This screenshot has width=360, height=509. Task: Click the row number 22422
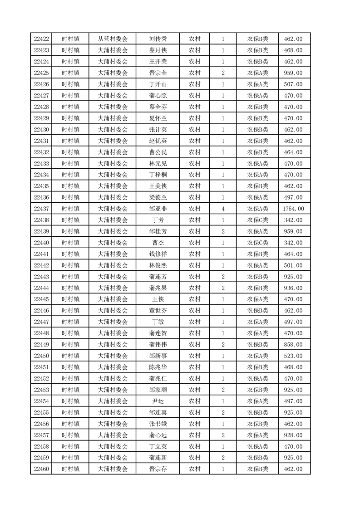point(41,39)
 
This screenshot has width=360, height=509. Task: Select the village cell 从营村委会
point(113,39)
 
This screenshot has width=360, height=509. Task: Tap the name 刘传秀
point(158,39)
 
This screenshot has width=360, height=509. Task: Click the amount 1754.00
point(293,209)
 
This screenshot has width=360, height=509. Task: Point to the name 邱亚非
point(158,209)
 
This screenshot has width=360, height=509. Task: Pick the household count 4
point(223,209)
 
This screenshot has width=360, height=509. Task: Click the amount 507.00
point(293,84)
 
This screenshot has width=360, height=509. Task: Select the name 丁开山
point(158,84)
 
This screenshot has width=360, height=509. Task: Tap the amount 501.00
point(293,265)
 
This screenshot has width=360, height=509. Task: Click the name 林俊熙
point(158,265)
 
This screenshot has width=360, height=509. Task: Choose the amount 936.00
point(293,288)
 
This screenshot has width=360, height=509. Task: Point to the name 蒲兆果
point(158,288)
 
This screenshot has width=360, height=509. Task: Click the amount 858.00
point(293,345)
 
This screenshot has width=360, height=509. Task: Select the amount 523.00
point(293,356)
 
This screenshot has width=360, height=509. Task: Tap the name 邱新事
point(158,356)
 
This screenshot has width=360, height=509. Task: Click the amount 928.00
point(293,435)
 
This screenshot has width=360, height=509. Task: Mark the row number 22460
point(41,469)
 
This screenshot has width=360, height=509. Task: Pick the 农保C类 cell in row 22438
point(257,220)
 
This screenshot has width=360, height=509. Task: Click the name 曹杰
point(158,243)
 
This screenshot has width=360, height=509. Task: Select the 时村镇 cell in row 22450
point(70,356)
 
